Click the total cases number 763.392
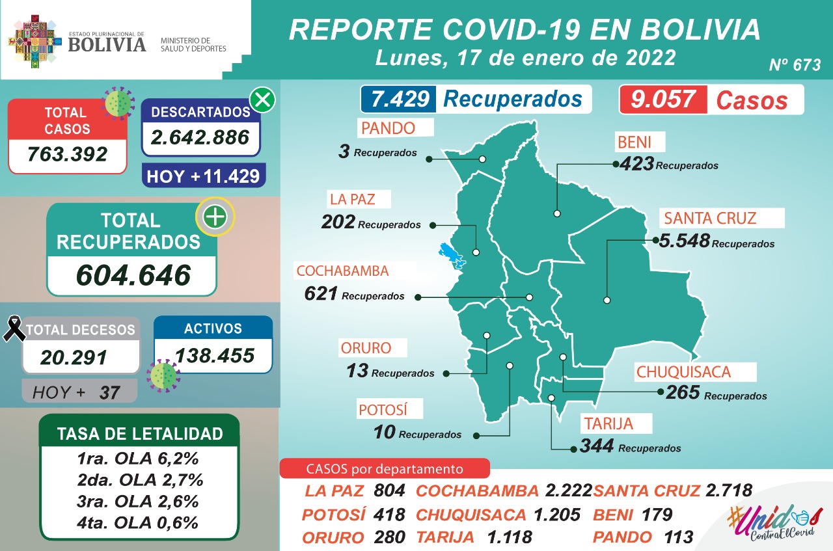67,155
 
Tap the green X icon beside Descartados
263,100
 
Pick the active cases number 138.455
214,355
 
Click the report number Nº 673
795,65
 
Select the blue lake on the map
451,255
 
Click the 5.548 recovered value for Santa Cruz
683,241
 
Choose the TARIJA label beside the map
608,424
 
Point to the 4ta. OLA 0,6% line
137,522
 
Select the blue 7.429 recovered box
400,99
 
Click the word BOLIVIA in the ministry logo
107,44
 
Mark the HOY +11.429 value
203,176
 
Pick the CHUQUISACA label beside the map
683,372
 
